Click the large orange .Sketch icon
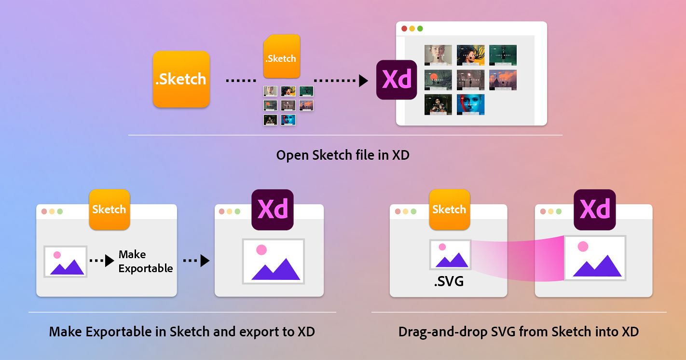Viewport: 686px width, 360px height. tap(181, 79)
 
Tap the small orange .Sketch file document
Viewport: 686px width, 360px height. tap(281, 56)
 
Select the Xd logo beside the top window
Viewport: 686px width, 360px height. tap(396, 80)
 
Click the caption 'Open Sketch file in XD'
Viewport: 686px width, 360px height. tap(343, 155)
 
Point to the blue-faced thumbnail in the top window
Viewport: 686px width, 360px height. tap(470, 105)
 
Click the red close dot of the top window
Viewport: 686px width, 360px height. tap(404, 29)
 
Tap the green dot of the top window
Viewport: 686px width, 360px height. tap(420, 29)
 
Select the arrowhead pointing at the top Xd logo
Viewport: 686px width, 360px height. tap(363, 80)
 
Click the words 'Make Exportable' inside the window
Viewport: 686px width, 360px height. tap(145, 261)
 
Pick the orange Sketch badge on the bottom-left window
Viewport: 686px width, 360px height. tap(110, 209)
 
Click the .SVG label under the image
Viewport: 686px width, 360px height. tap(449, 280)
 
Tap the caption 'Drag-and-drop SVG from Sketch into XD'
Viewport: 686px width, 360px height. tap(519, 332)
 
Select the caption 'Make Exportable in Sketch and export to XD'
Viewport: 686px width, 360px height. tap(182, 332)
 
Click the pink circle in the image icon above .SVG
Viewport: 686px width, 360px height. tap(442, 247)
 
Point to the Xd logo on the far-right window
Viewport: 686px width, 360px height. tap(594, 209)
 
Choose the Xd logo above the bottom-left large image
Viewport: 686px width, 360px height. tap(273, 209)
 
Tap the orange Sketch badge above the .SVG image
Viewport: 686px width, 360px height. tap(449, 209)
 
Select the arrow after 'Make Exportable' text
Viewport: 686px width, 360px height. tap(196, 261)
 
